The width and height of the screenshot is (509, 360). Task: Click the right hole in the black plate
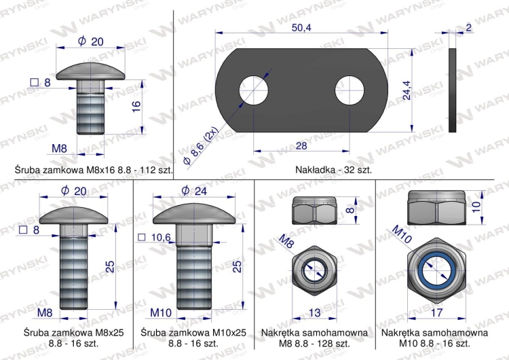350,88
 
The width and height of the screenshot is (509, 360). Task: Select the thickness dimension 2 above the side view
469,28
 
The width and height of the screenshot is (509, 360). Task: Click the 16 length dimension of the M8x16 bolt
136,106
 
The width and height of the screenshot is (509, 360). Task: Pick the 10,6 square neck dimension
161,237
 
